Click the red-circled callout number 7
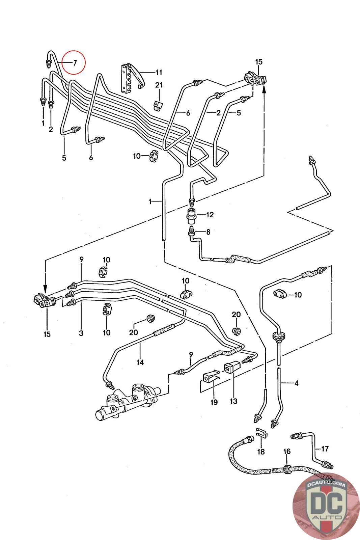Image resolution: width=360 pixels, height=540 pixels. pyautogui.click(x=75, y=62)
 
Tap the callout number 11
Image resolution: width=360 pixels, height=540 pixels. pyautogui.click(x=159, y=72)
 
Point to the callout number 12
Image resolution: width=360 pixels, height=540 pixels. pyautogui.click(x=210, y=214)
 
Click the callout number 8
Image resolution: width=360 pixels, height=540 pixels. pyautogui.click(x=208, y=232)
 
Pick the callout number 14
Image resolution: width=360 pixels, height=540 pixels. pyautogui.click(x=140, y=362)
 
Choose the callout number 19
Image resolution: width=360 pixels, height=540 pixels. pyautogui.click(x=214, y=402)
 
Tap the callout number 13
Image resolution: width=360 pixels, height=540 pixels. pyautogui.click(x=233, y=401)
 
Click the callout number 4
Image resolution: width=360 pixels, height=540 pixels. pyautogui.click(x=296, y=383)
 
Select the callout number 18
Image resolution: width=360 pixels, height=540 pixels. pyautogui.click(x=261, y=451)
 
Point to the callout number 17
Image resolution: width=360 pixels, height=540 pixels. pyautogui.click(x=325, y=449)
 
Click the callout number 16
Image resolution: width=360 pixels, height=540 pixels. pyautogui.click(x=287, y=452)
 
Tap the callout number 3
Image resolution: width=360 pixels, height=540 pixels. pyautogui.click(x=81, y=333)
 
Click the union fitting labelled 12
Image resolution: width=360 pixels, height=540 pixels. pyautogui.click(x=192, y=215)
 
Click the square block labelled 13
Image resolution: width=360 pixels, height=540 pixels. pyautogui.click(x=231, y=369)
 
